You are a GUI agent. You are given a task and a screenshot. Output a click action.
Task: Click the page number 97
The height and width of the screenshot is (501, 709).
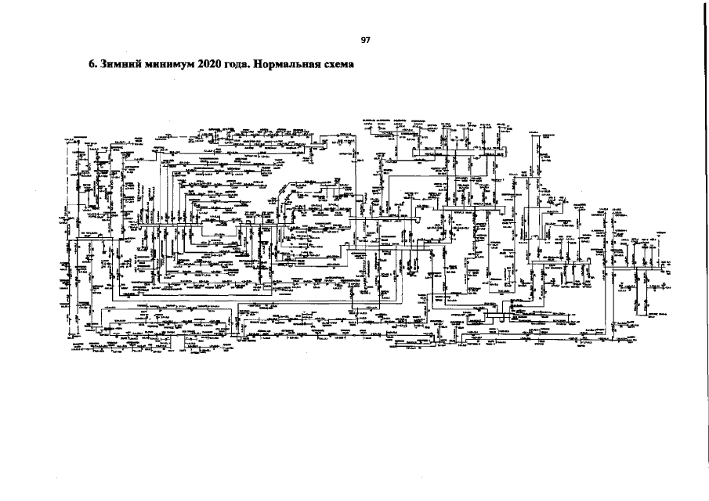pyautogui.click(x=366, y=41)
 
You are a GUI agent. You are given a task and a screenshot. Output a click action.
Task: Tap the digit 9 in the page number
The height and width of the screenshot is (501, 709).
pyautogui.click(x=364, y=41)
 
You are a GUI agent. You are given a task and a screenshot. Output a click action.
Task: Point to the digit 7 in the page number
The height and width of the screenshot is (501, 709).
pyautogui.click(x=368, y=41)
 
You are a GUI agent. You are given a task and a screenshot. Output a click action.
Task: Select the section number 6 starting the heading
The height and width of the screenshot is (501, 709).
pyautogui.click(x=91, y=65)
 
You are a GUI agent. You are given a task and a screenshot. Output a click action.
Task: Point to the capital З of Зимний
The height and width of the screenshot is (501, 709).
pyautogui.click(x=102, y=65)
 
